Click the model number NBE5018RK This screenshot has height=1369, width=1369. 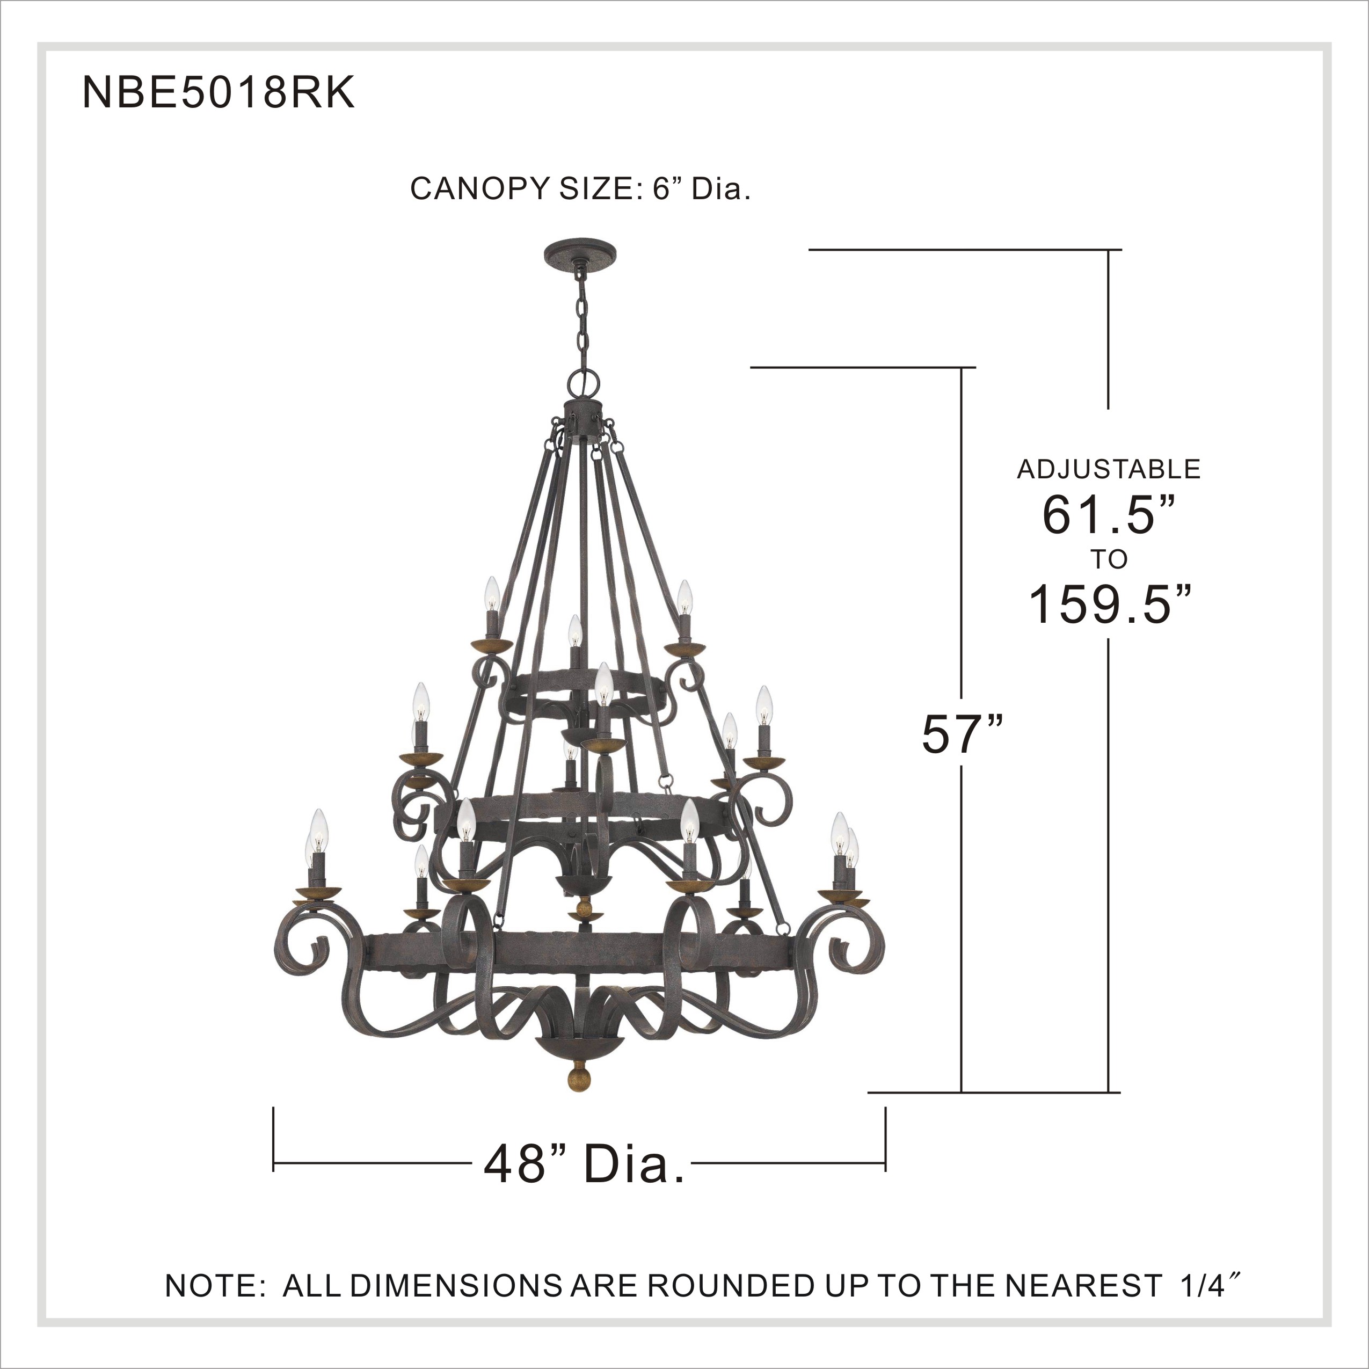219,93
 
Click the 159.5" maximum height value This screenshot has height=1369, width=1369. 1108,605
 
